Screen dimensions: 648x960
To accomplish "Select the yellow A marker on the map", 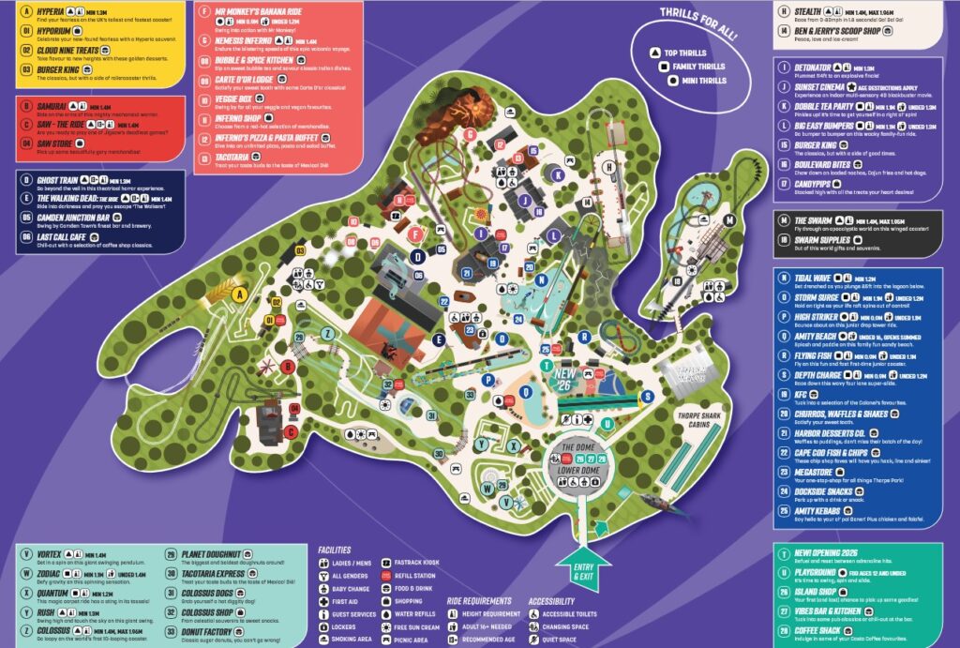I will (x=239, y=294).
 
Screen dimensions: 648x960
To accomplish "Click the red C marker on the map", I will (x=290, y=431).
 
